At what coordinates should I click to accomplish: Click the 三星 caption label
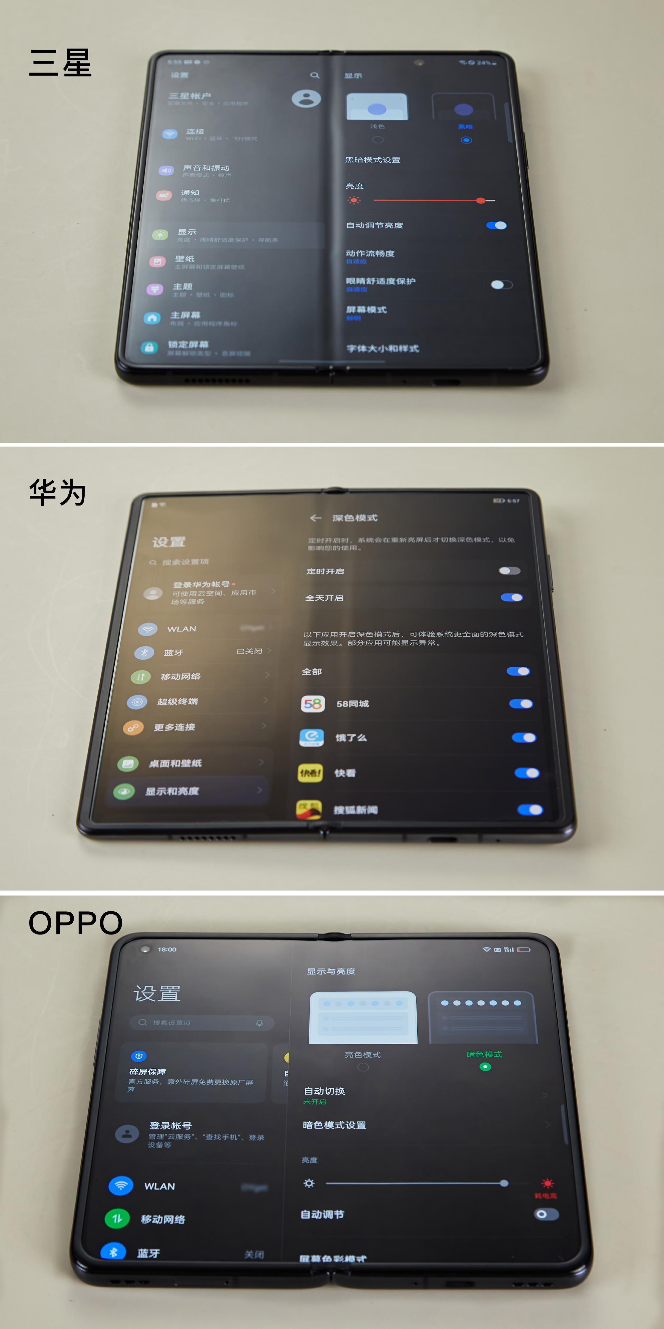coord(60,63)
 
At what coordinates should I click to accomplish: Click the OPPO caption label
coord(75,923)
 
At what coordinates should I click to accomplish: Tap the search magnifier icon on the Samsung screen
coord(314,75)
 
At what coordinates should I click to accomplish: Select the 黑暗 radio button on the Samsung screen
coord(466,140)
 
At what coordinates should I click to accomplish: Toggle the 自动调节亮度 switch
coord(496,226)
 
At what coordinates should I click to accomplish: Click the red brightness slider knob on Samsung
coord(480,200)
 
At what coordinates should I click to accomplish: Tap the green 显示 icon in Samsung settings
coord(160,235)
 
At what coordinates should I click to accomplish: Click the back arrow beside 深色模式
coord(315,518)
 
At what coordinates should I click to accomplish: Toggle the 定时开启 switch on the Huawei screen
coord(509,571)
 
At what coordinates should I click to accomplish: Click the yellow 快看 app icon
coord(310,773)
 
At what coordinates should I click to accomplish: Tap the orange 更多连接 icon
coord(133,727)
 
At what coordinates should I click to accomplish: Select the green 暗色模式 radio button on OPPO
coord(485,1067)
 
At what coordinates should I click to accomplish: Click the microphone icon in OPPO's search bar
coord(259,1023)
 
